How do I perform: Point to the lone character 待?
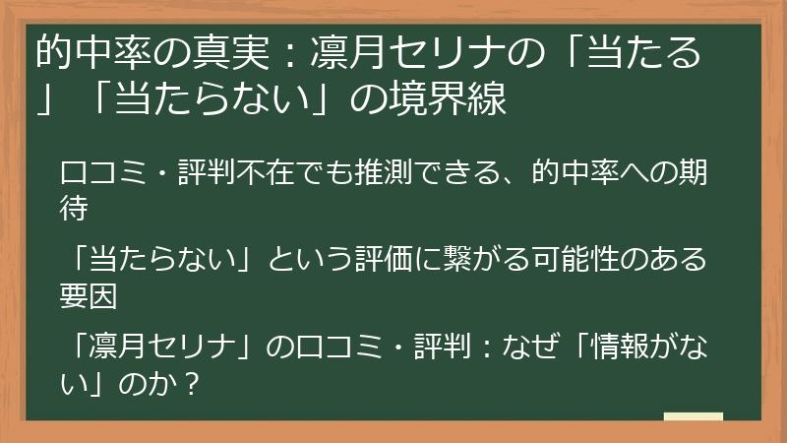click(75, 208)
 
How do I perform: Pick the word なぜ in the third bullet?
click(523, 348)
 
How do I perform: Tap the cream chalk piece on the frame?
click(694, 417)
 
